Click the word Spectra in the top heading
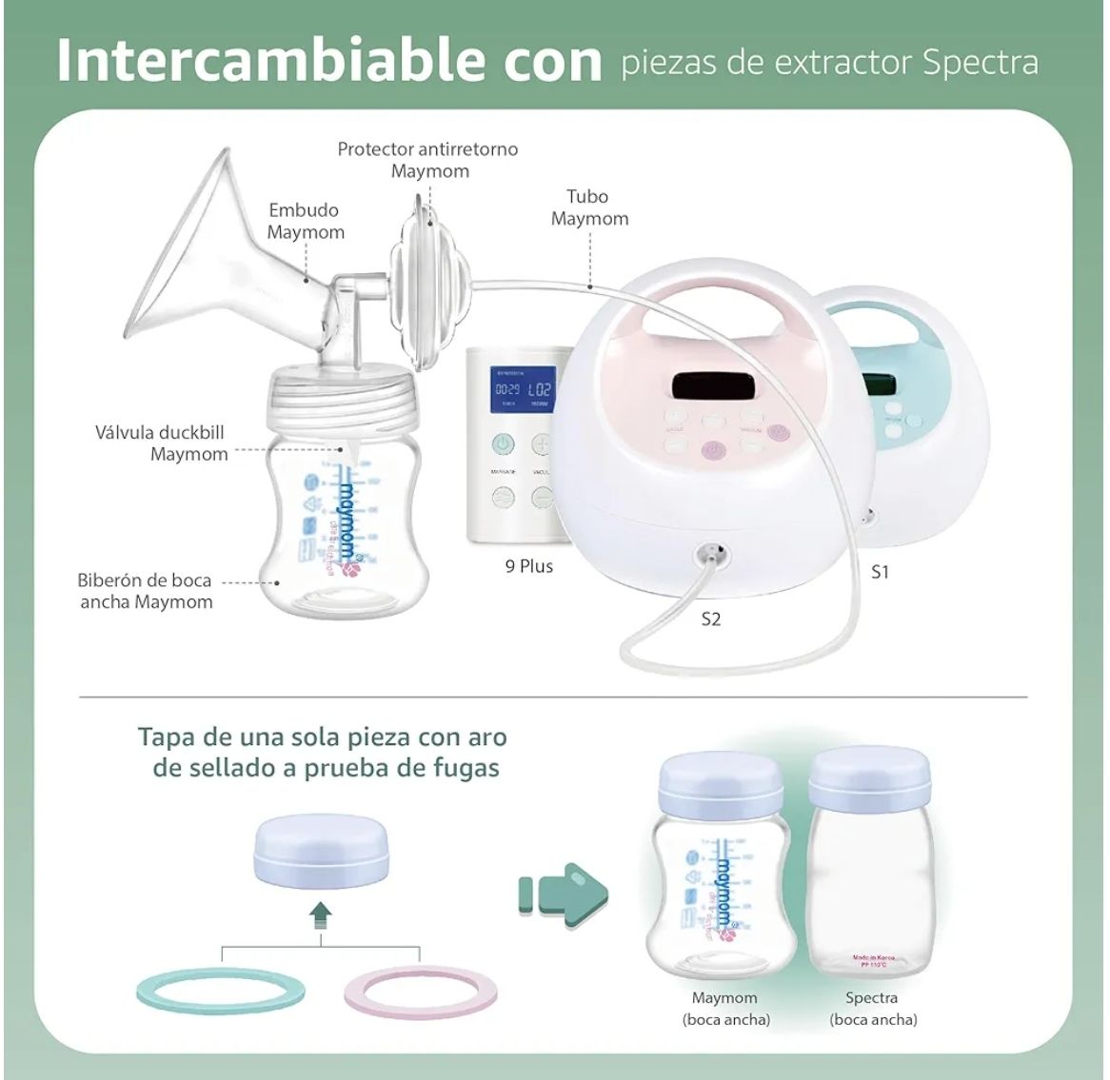click(x=980, y=62)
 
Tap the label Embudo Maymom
click(x=305, y=221)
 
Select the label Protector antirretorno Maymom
click(x=428, y=160)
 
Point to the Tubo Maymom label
click(x=589, y=207)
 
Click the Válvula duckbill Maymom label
click(x=162, y=442)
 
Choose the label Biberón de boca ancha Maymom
click(x=146, y=591)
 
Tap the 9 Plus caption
click(x=528, y=566)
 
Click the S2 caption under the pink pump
click(x=710, y=619)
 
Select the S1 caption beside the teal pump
click(x=880, y=572)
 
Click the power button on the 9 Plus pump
click(x=502, y=445)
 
